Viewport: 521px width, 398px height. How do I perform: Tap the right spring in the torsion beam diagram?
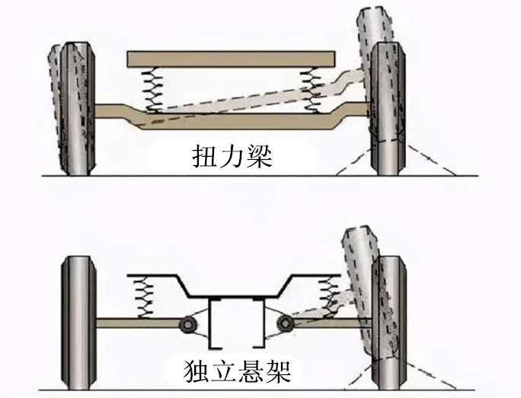click(312, 91)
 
